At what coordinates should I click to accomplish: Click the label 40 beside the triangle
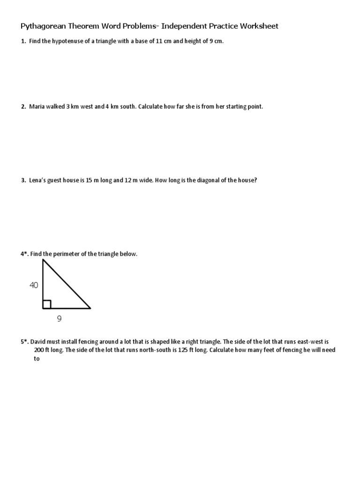click(34, 285)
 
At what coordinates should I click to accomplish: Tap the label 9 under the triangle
click(59, 319)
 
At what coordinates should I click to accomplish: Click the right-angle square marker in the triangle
click(47, 305)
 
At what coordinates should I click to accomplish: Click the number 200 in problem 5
click(39, 350)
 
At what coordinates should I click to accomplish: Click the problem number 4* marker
click(24, 254)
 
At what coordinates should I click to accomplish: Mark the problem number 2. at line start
click(23, 107)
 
